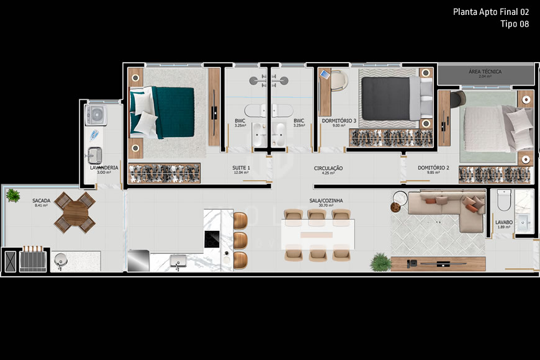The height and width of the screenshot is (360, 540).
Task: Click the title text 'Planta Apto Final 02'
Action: [491, 12]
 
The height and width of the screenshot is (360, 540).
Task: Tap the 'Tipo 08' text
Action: [515, 24]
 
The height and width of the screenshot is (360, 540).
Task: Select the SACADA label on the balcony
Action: [41, 201]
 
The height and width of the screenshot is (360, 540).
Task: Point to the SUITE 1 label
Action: [241, 168]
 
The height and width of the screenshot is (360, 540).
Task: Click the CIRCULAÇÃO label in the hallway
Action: [328, 168]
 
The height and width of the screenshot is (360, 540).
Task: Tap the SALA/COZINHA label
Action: [326, 201]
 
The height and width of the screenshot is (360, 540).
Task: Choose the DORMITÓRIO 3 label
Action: [338, 120]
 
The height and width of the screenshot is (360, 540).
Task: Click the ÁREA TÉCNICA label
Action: [485, 72]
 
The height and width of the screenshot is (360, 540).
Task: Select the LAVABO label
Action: [503, 222]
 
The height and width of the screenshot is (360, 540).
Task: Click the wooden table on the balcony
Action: [74, 212]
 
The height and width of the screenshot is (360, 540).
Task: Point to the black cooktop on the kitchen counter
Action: [212, 239]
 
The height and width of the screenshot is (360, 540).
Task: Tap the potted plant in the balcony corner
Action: [12, 196]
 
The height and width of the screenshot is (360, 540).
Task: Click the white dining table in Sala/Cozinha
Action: [317, 235]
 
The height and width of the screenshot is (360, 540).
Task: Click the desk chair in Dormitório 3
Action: [338, 81]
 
